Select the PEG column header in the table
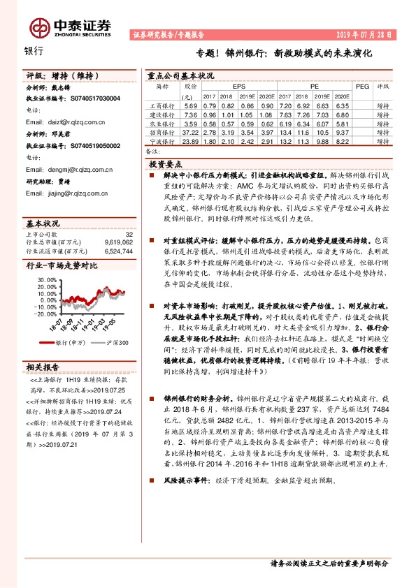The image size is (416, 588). (361, 86)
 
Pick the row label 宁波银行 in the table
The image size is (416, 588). (162, 141)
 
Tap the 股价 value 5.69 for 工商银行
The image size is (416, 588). (189, 105)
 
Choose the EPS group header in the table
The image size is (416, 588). (229, 86)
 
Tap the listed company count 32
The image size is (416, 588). (129, 235)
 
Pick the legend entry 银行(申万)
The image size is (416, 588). (70, 343)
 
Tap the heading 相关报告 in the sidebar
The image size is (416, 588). (43, 366)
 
